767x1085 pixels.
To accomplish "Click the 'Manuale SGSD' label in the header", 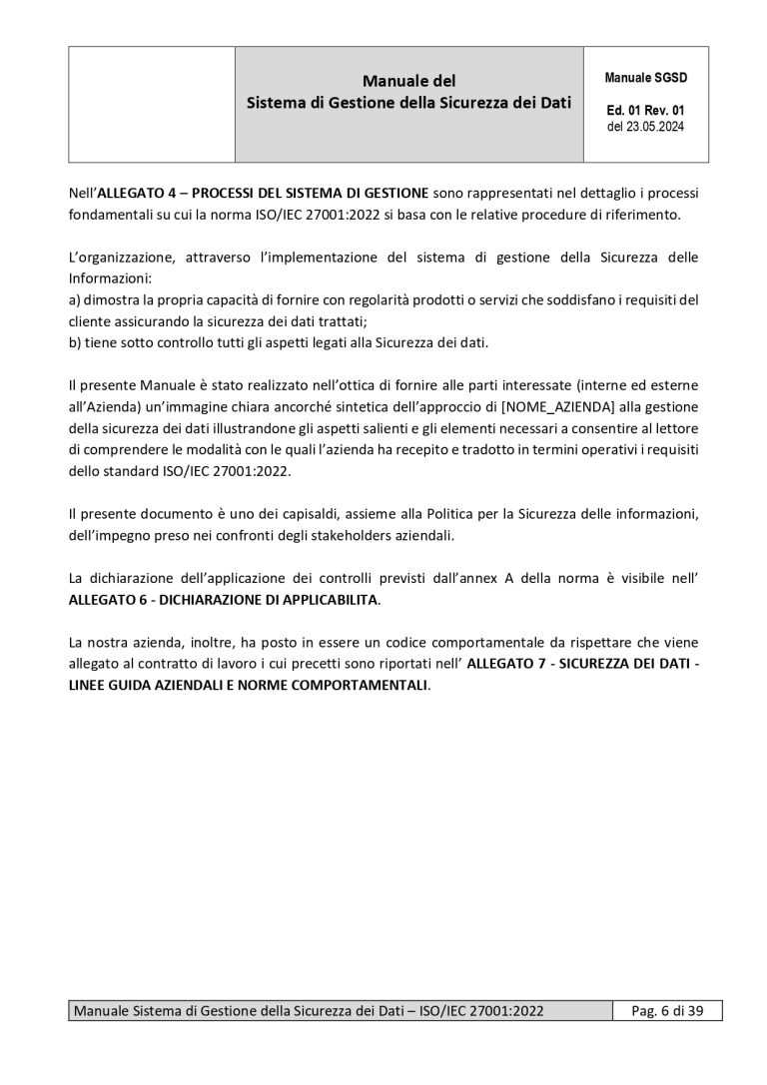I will point(646,77).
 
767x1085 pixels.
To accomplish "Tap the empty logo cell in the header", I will point(151,104).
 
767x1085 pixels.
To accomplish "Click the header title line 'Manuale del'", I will point(408,80).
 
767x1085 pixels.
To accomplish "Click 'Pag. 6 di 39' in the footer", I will point(668,1011).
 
